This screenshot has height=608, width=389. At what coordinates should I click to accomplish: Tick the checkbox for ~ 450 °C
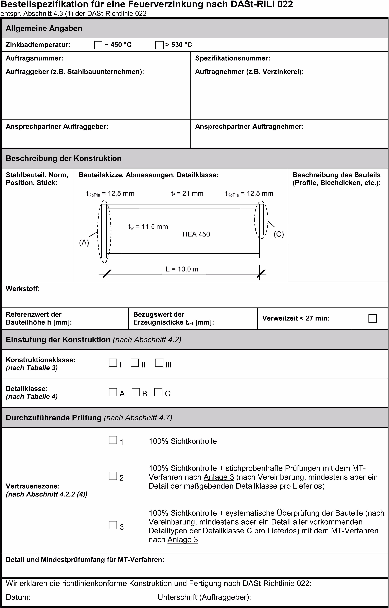pyautogui.click(x=98, y=45)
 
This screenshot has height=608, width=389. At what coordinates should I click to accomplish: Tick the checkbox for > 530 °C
pyautogui.click(x=159, y=45)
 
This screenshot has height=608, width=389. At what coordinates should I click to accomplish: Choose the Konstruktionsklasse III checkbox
pyautogui.click(x=159, y=363)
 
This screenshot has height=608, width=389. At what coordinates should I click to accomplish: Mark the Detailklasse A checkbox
pyautogui.click(x=113, y=392)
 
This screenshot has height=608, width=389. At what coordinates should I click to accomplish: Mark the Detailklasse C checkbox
pyautogui.click(x=158, y=392)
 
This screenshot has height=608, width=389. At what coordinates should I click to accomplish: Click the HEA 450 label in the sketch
pyautogui.click(x=196, y=234)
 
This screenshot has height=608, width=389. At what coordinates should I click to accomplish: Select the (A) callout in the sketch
pyautogui.click(x=84, y=243)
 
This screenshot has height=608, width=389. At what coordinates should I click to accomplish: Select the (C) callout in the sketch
pyautogui.click(x=279, y=234)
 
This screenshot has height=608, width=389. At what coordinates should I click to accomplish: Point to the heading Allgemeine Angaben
pyautogui.click(x=44, y=28)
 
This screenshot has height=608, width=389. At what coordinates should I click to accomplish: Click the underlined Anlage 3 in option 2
pyautogui.click(x=219, y=477)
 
